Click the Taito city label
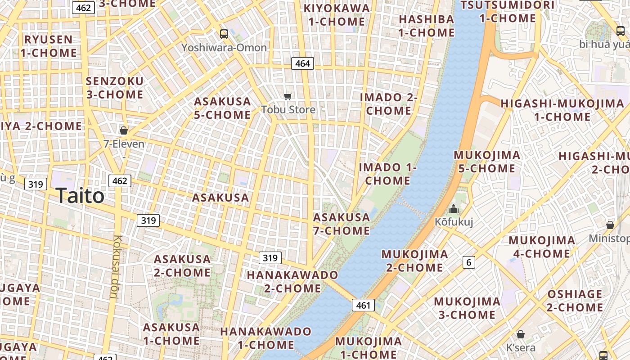[80, 196]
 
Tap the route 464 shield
[302, 63]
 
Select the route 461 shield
[363, 306]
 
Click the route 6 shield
[469, 262]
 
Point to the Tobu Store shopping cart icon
[288, 96]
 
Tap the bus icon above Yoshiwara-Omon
[224, 34]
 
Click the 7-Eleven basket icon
[124, 130]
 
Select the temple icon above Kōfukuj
[454, 209]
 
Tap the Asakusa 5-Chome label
[222, 108]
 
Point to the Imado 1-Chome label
[388, 174]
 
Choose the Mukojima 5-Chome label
[487, 162]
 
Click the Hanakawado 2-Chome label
[292, 281]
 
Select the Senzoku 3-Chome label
[114, 88]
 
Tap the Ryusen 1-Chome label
[49, 46]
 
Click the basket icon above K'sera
[521, 334]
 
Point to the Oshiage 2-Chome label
[575, 301]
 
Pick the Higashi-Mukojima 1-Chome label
[562, 110]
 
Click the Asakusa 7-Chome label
[342, 224]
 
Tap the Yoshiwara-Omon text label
[224, 48]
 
